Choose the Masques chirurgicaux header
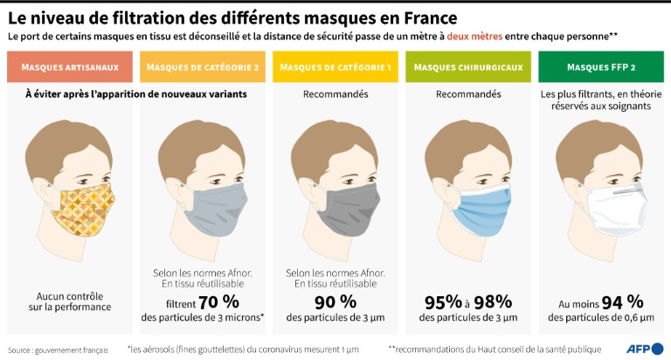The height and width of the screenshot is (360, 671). pyautogui.click(x=467, y=67)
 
